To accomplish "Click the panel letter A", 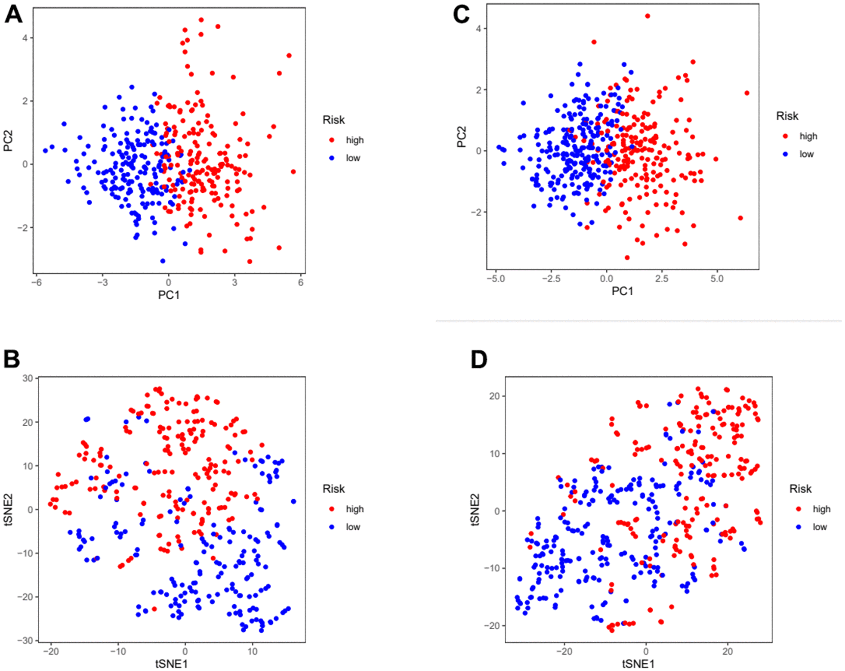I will tap(13, 15).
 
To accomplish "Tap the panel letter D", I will tap(479, 359).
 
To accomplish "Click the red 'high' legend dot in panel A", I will tap(332, 140).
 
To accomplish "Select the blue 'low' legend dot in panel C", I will tap(785, 154).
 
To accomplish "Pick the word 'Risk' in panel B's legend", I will tap(333, 489).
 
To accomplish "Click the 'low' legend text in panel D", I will tap(820, 527).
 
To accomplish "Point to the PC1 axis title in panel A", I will tap(169, 295).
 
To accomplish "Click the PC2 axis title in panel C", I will tap(462, 137).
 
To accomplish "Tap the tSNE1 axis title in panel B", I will tap(171, 664).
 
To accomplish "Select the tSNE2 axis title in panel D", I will tap(475, 510).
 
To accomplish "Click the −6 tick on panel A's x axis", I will tap(37, 283).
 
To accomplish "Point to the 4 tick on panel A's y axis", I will tap(25, 38).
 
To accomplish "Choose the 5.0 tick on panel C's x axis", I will tap(717, 279).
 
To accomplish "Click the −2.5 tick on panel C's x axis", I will tap(551, 279).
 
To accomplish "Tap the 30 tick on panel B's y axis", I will tap(28, 378).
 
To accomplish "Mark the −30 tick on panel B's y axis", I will tap(25, 640).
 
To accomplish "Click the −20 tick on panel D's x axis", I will tap(564, 652).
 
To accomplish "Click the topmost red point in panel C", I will tap(648, 16).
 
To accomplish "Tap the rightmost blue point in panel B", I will tap(293, 501).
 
